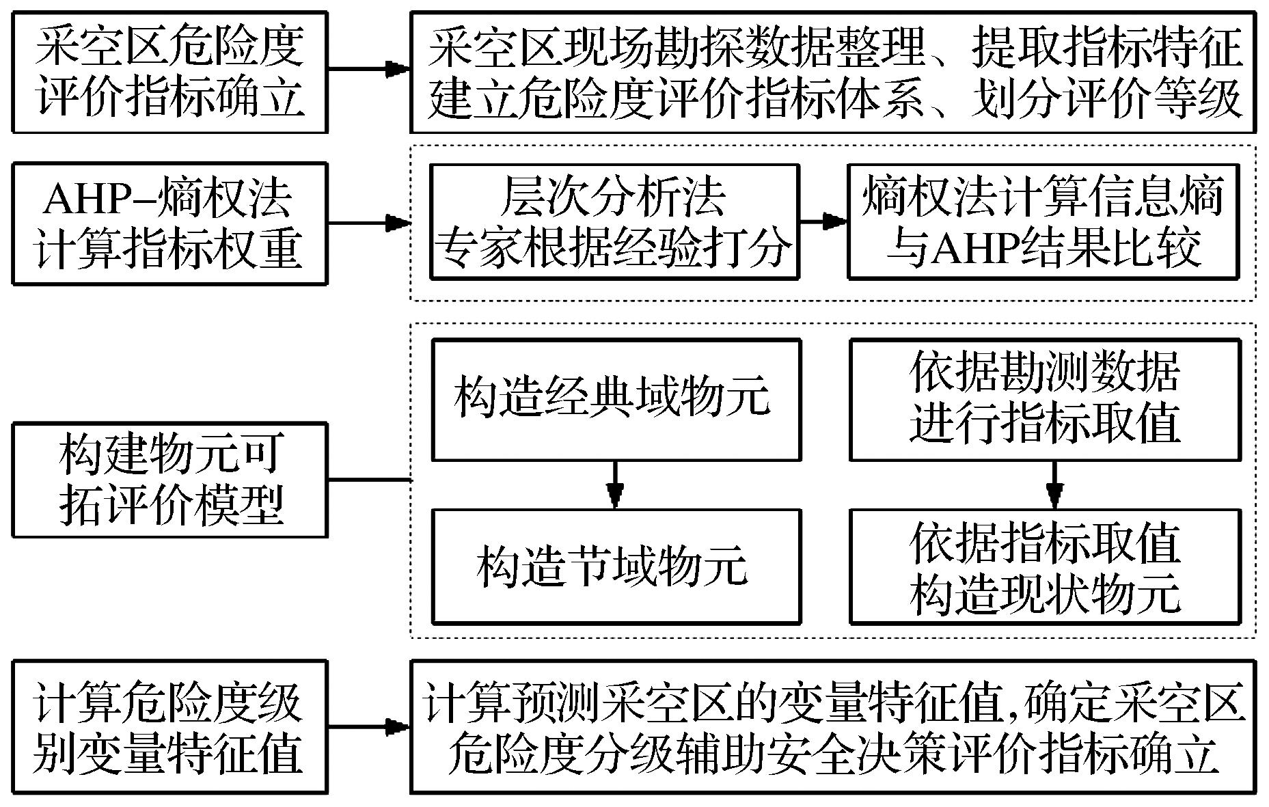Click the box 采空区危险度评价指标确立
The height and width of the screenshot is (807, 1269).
tap(169, 72)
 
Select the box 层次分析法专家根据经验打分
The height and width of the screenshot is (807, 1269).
tap(614, 221)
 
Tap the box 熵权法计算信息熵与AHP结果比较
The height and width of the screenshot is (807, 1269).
tap(1043, 221)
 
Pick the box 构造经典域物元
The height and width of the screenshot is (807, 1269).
tap(616, 400)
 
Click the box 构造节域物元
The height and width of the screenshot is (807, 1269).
tap(616, 566)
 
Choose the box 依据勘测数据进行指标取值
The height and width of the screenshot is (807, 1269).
tap(1044, 400)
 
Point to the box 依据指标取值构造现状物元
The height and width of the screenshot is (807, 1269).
tap(1044, 566)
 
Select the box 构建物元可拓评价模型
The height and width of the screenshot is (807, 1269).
tap(169, 480)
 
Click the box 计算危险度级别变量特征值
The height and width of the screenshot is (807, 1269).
tap(169, 726)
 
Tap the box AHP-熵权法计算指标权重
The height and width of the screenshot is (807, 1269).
tap(169, 223)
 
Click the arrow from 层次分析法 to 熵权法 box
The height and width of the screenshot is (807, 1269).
tap(823, 221)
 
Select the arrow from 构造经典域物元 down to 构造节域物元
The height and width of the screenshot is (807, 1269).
tap(616, 484)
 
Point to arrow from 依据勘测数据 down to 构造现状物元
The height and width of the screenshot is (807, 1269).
tap(1054, 484)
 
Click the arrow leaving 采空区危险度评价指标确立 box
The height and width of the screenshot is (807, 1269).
tap(368, 69)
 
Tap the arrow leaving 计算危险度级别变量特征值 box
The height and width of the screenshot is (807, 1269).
tap(368, 726)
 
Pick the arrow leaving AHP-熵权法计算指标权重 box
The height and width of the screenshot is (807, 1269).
tap(368, 223)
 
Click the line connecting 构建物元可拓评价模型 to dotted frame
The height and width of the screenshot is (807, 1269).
tap(368, 480)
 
